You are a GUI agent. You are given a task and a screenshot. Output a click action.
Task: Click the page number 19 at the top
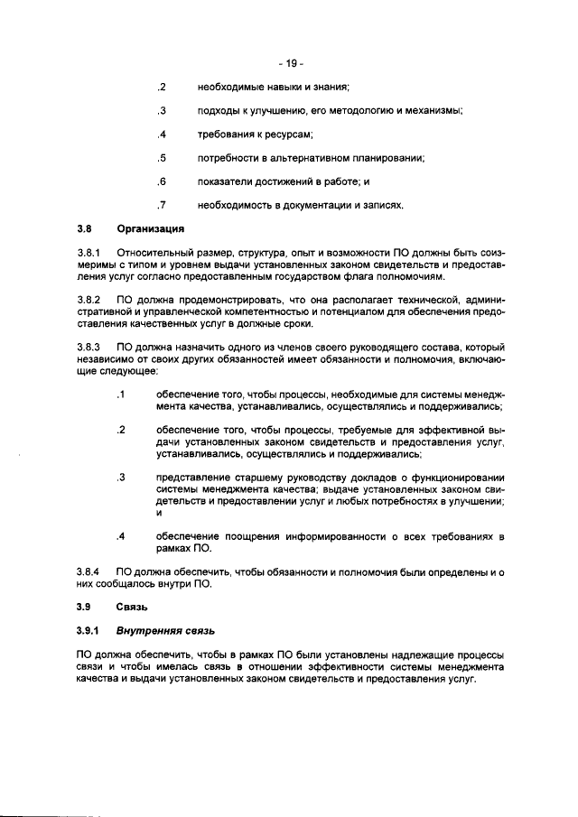[291, 63]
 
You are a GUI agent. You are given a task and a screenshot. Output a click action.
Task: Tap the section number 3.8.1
[90, 253]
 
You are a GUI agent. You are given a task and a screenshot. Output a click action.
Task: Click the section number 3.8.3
[90, 347]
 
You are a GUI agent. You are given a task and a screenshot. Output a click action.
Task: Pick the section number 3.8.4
[90, 571]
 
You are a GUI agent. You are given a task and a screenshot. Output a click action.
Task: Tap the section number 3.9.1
[90, 630]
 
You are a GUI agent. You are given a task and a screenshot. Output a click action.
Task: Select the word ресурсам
[287, 135]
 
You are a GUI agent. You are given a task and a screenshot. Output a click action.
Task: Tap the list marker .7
[161, 206]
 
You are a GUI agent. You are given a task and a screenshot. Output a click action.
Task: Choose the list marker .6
[161, 182]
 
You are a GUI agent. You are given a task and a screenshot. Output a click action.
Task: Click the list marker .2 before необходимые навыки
[161, 88]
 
